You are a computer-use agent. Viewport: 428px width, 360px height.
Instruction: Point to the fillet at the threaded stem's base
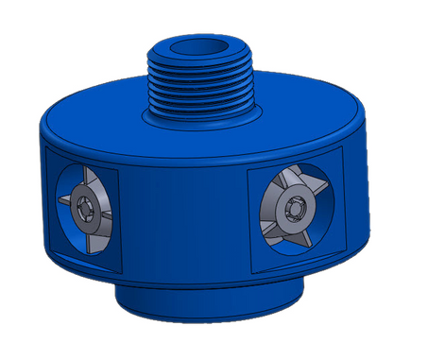[202, 120]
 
